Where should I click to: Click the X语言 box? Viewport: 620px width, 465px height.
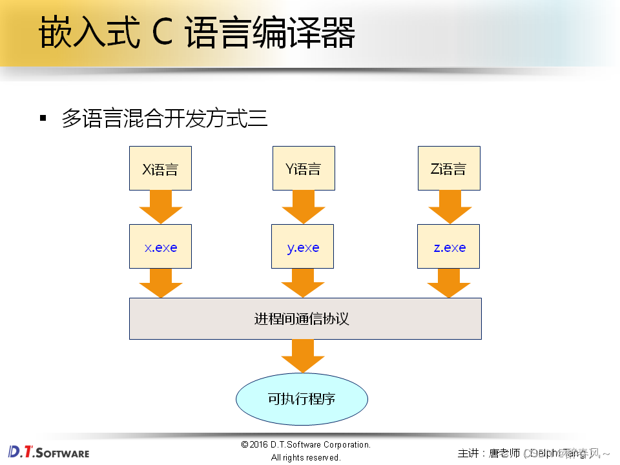click(x=160, y=169)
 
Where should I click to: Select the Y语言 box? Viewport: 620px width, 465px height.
click(x=303, y=169)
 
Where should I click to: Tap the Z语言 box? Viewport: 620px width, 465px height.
click(x=448, y=169)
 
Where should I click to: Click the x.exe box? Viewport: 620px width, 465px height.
click(x=160, y=247)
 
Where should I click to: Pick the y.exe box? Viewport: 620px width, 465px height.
click(x=302, y=247)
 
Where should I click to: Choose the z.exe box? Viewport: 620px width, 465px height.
click(x=448, y=247)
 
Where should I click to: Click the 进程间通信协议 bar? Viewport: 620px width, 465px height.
click(x=305, y=318)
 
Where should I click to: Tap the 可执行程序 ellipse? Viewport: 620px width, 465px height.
click(x=302, y=398)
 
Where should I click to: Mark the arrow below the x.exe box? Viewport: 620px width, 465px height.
click(x=160, y=283)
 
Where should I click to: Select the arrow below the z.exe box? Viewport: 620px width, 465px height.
click(x=449, y=283)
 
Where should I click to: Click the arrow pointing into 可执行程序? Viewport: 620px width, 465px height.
click(x=302, y=355)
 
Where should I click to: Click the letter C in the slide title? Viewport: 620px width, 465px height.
click(x=162, y=34)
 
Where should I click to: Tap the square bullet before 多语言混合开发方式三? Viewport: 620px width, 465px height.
click(x=43, y=118)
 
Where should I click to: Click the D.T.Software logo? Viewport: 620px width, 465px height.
click(x=48, y=451)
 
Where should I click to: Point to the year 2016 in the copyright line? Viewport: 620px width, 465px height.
click(x=259, y=445)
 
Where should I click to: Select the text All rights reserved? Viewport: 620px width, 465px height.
click(x=305, y=458)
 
